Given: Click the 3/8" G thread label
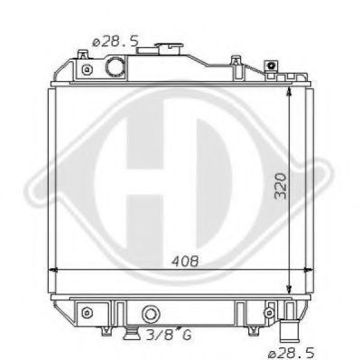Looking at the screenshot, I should point(171,336).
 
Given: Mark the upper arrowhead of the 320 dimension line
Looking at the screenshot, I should point(288,88).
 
